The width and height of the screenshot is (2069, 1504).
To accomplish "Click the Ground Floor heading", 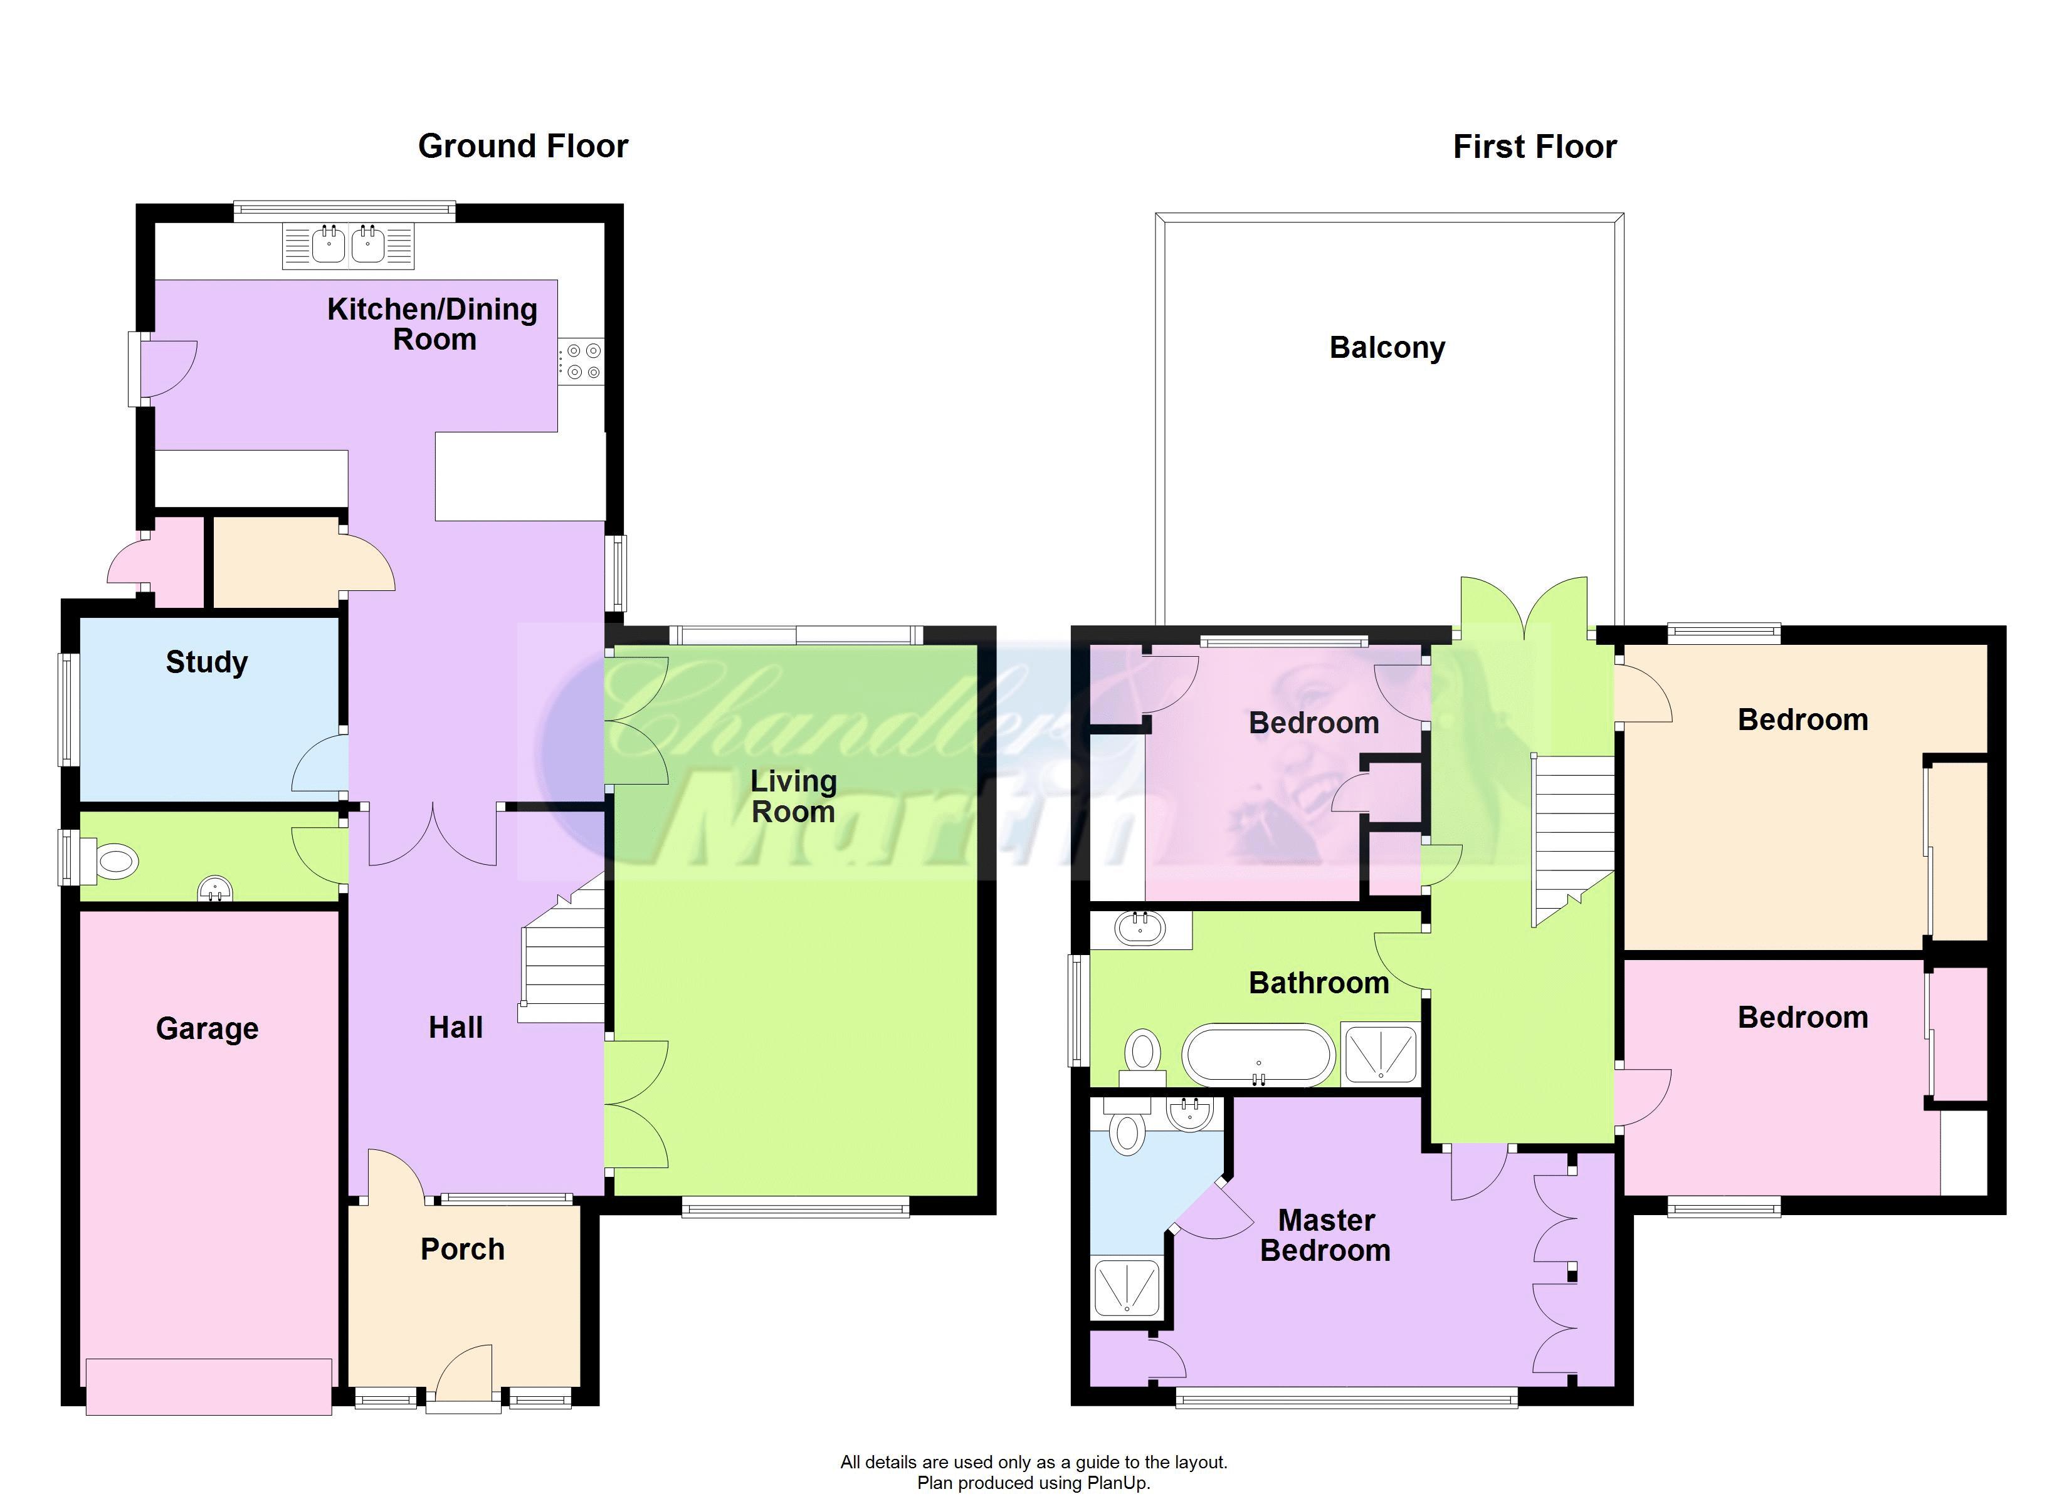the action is coord(523,146).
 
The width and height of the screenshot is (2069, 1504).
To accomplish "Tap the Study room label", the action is coord(207,662).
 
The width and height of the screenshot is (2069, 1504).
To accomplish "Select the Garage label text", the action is coord(207,1029).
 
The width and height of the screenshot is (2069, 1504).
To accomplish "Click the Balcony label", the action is coord(1387,348).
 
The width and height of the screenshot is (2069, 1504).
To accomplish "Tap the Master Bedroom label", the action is coord(1327,1235).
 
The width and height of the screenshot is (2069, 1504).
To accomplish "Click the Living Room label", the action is coord(792,796).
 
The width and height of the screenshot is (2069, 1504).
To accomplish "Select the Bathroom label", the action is coord(1319,983).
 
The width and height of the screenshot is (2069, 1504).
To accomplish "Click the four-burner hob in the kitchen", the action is coord(581,361).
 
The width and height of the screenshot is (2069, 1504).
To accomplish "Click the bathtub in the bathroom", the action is coord(1259,1055).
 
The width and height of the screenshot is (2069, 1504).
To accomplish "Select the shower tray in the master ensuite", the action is coord(1127,1287).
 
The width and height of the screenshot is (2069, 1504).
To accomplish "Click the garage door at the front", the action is coord(209,1386).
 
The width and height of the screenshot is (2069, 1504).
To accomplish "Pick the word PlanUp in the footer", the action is coord(1117,1483).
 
